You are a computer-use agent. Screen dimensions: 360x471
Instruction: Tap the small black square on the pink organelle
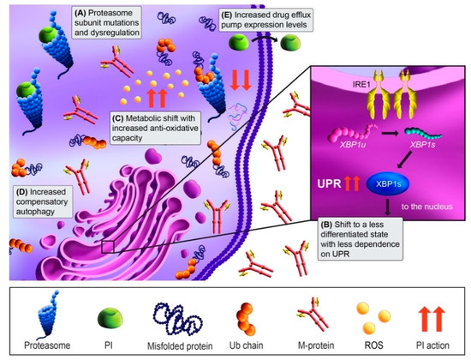point(106,249)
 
